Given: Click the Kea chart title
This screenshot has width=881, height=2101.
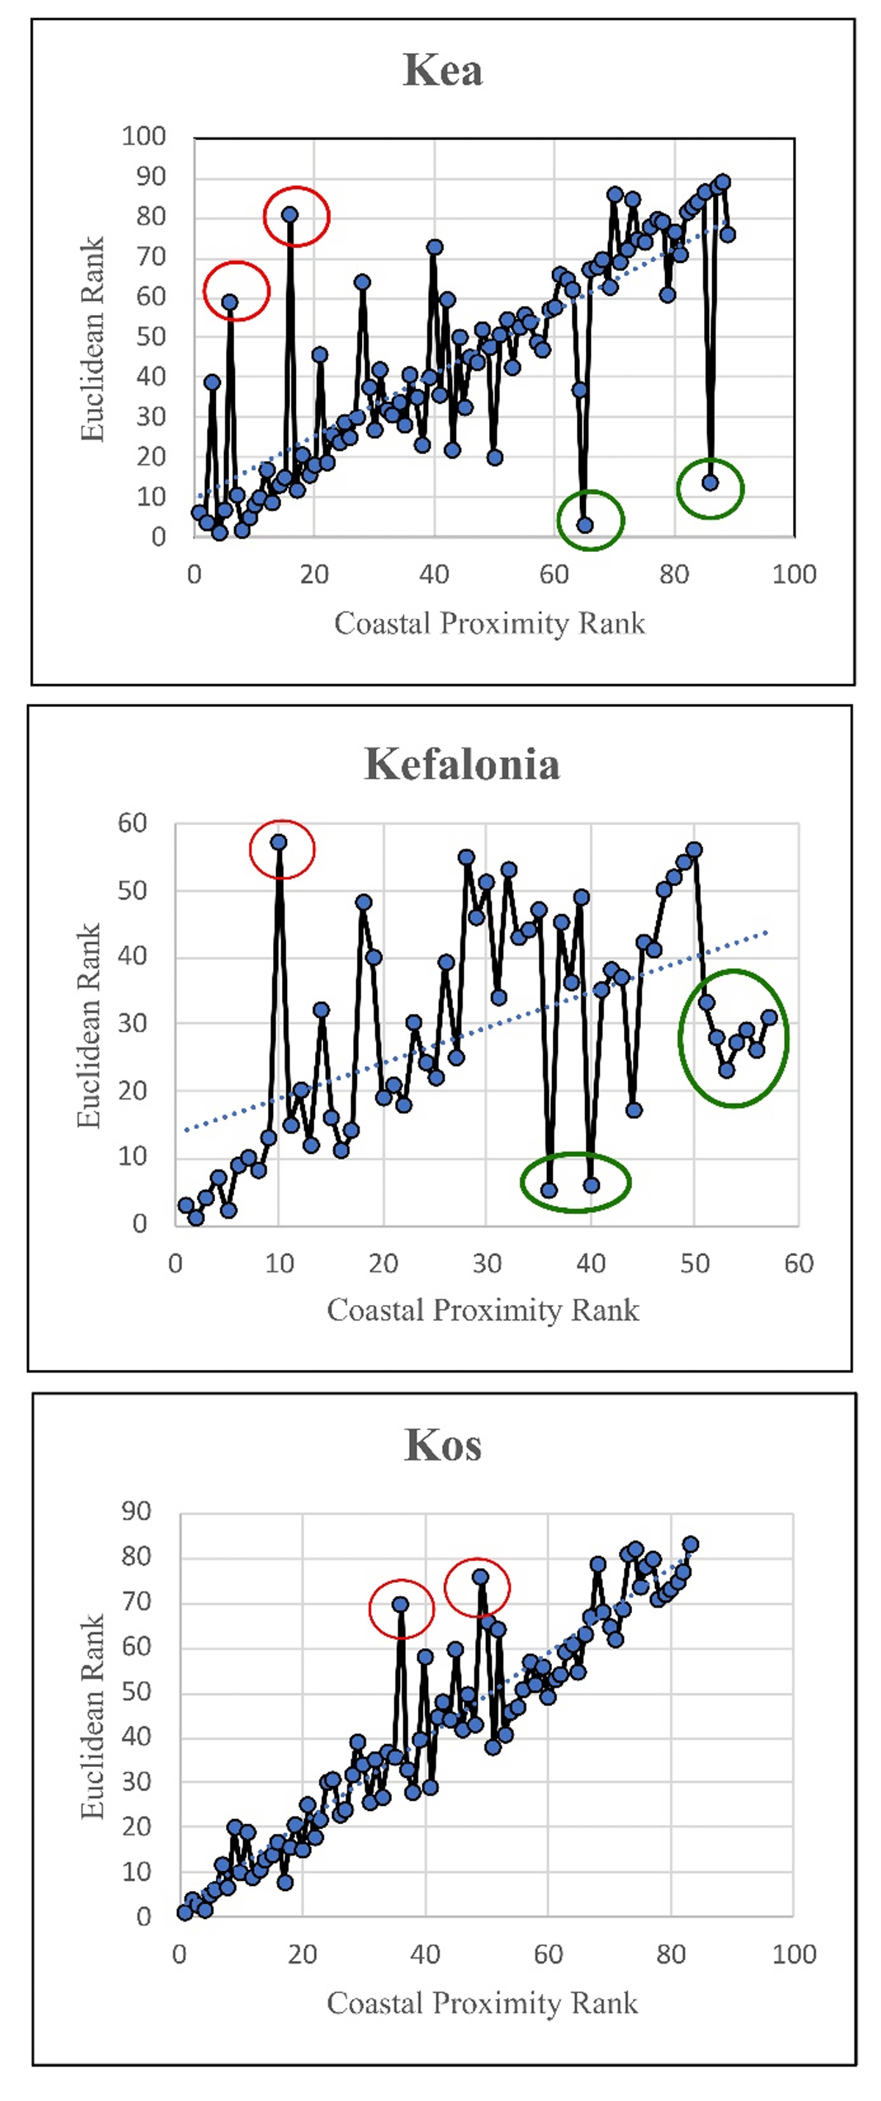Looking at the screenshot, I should click(443, 70).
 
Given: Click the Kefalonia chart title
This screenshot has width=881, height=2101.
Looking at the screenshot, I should click(462, 764).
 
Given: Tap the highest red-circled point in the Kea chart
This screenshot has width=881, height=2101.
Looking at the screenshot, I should click(289, 214).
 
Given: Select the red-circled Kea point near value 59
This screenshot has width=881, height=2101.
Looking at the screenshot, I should click(230, 302).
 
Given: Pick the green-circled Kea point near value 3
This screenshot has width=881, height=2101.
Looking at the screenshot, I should click(585, 524).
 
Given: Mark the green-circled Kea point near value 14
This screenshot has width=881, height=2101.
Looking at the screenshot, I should click(711, 482).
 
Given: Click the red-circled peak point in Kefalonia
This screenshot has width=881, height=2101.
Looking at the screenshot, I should click(279, 842).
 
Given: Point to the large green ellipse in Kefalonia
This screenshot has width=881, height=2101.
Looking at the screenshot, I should click(733, 1037).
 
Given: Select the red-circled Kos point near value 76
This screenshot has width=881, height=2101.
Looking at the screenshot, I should click(480, 1577).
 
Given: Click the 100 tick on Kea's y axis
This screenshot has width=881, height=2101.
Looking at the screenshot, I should click(144, 137).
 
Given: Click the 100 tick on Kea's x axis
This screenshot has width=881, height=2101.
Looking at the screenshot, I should click(794, 574).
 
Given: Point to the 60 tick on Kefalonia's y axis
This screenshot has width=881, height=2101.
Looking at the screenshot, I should click(132, 823).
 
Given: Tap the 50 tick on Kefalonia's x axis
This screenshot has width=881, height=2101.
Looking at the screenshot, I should click(695, 1263).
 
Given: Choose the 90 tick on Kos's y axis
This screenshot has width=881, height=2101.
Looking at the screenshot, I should click(137, 1512).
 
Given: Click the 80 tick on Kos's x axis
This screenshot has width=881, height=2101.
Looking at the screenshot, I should click(670, 1954).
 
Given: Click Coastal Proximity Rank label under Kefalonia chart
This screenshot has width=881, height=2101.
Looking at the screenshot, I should click(483, 1310).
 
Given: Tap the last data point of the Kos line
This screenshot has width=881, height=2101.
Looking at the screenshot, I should click(690, 1544).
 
